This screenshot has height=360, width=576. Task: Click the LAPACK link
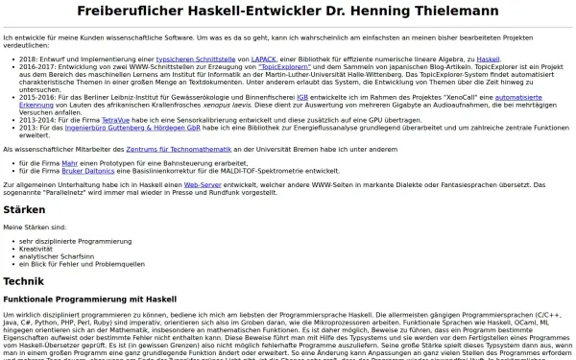(x=236, y=60)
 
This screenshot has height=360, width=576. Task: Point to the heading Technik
(x=24, y=281)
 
